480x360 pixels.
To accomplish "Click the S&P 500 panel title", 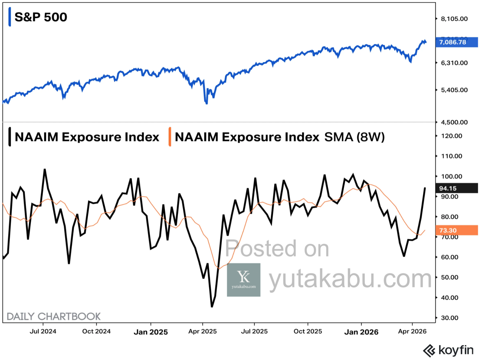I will (40, 17).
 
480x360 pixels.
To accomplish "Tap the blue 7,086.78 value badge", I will (456, 42).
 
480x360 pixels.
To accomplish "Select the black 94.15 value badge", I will (456, 188).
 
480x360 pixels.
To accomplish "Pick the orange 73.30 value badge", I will (456, 230).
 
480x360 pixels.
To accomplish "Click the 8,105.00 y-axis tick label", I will (454, 19).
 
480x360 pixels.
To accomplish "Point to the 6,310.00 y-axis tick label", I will (454, 63).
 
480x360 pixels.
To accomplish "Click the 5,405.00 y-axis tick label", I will (454, 90).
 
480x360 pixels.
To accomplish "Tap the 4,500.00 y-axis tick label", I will (454, 122).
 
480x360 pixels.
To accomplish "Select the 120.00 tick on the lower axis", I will (451, 136).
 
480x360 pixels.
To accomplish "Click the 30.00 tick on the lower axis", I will (449, 318).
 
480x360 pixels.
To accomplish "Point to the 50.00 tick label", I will (449, 277).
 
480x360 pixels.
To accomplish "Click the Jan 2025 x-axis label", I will (151, 332).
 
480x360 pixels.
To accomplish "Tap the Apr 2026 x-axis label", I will (412, 331).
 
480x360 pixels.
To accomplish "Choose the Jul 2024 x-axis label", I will (43, 331).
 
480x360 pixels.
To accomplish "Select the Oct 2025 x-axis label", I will (308, 331).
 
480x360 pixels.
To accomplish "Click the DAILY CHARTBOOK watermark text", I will (53, 316).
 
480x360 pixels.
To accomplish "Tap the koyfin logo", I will (448, 350).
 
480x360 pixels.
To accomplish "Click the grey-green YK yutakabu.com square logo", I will (244, 280).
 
